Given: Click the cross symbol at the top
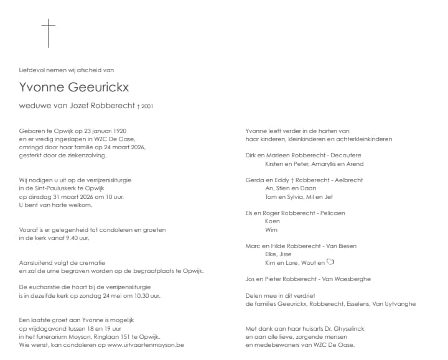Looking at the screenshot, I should [x=49, y=32].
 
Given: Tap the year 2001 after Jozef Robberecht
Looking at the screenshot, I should [x=147, y=106].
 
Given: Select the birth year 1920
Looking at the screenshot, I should [x=118, y=131].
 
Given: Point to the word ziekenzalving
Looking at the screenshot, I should [x=79, y=155].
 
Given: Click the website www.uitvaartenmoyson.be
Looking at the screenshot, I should [x=146, y=344].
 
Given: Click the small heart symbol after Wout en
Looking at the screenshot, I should [x=331, y=262].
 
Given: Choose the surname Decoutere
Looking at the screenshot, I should [x=344, y=155].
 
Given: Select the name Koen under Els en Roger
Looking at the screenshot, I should [x=272, y=221].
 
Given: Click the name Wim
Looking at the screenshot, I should [x=271, y=229].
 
